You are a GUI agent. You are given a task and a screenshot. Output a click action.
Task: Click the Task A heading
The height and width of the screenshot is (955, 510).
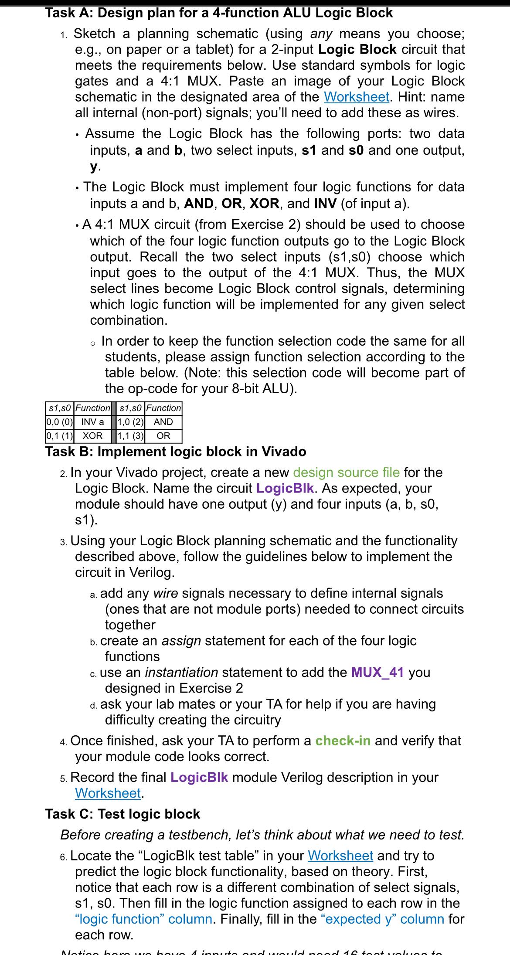(x=219, y=13)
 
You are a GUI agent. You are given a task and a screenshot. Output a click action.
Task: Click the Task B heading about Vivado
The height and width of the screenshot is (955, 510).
(x=176, y=451)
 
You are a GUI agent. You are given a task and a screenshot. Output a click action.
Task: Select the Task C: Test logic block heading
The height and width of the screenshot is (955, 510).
(x=122, y=814)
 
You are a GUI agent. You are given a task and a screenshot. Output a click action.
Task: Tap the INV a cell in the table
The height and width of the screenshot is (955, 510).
(x=92, y=422)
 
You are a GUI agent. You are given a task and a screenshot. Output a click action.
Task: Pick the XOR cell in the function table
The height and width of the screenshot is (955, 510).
(x=92, y=435)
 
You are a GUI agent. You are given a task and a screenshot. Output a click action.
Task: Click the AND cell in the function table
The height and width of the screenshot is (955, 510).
(x=163, y=422)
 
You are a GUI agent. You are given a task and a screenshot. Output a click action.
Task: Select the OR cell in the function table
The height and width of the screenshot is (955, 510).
(x=163, y=435)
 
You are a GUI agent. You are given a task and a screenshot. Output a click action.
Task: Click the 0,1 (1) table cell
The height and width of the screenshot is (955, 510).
(x=60, y=435)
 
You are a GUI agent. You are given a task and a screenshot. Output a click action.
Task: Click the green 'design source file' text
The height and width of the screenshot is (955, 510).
(x=346, y=472)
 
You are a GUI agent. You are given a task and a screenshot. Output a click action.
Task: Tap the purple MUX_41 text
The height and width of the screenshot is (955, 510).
(x=377, y=672)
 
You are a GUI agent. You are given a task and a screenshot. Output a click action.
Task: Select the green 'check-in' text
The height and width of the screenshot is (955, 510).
(x=343, y=741)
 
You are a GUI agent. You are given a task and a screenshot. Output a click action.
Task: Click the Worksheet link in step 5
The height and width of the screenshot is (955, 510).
(x=108, y=793)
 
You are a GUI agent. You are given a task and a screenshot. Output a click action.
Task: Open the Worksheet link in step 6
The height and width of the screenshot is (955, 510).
(x=340, y=856)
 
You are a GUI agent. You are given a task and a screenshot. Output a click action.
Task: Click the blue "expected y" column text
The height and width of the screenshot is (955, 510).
(x=382, y=919)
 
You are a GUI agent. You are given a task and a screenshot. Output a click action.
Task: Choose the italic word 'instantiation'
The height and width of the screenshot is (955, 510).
(x=181, y=672)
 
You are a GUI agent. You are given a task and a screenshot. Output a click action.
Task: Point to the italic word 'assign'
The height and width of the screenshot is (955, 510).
(x=181, y=641)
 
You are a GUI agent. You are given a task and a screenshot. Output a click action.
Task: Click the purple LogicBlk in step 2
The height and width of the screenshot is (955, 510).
(x=285, y=488)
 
